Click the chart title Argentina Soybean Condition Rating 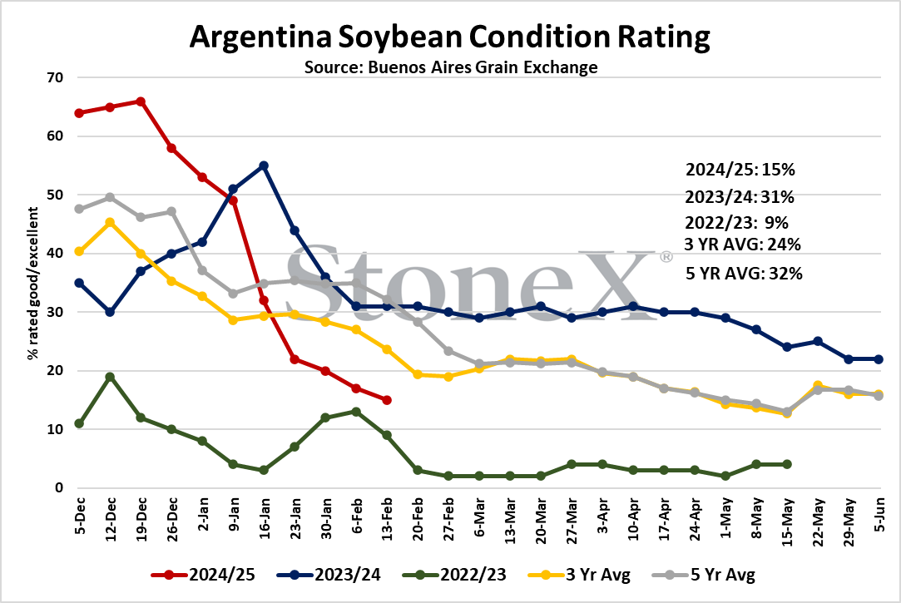pyautogui.click(x=450, y=37)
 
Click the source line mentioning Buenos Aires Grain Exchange pyautogui.click(x=451, y=67)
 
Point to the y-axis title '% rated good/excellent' pyautogui.click(x=33, y=284)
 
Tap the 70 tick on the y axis pyautogui.click(x=55, y=77)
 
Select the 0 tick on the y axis pyautogui.click(x=59, y=487)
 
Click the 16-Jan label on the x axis pyautogui.click(x=265, y=519)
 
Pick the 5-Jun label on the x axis pyautogui.click(x=879, y=515)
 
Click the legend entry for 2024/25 pyautogui.click(x=204, y=574)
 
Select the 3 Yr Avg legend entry pyautogui.click(x=579, y=574)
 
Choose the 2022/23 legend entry pyautogui.click(x=455, y=574)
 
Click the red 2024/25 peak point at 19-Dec pyautogui.click(x=141, y=101)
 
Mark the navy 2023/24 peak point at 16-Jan pyautogui.click(x=264, y=166)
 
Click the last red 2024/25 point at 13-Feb pyautogui.click(x=387, y=400)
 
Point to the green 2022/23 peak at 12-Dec pyautogui.click(x=110, y=377)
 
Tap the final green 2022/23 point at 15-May pyautogui.click(x=787, y=464)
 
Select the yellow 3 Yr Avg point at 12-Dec pyautogui.click(x=110, y=222)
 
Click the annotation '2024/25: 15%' pyautogui.click(x=740, y=170)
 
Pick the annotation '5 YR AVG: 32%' pyautogui.click(x=744, y=274)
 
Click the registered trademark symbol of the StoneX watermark pyautogui.click(x=666, y=257)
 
